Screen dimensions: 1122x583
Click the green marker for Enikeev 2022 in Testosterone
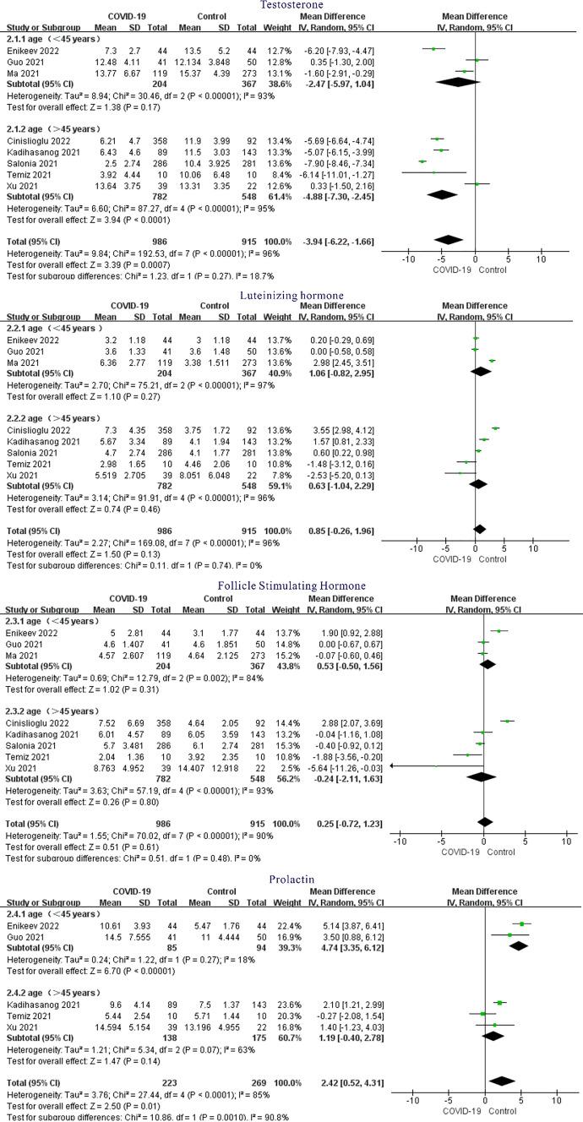433,49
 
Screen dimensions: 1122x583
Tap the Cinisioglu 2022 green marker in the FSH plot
508,721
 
